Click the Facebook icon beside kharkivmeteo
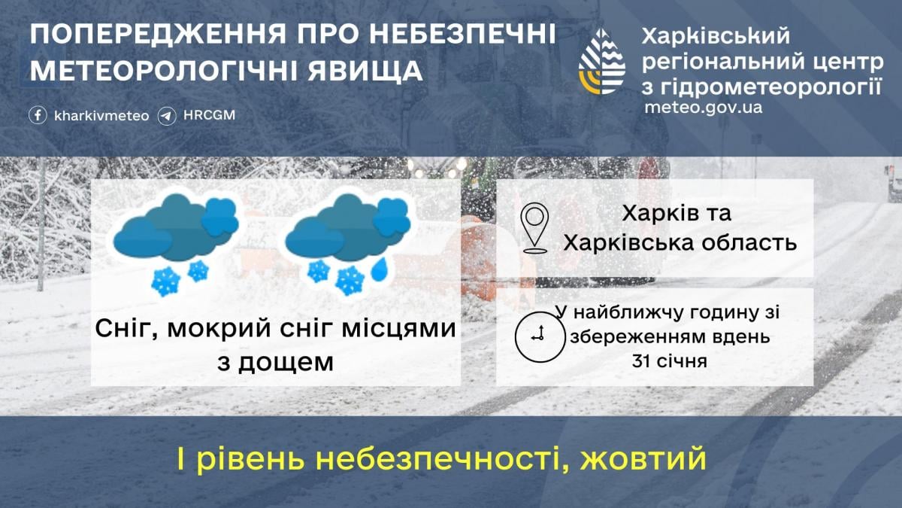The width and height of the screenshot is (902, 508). (x=38, y=116)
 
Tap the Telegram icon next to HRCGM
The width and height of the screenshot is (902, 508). (x=167, y=116)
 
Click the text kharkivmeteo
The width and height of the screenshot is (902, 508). (x=101, y=116)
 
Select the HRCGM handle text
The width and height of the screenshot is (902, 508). (x=209, y=116)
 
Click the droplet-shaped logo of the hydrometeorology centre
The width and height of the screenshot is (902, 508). (x=601, y=62)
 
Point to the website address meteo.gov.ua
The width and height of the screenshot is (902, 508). (x=703, y=107)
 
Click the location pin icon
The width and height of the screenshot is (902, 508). (x=534, y=227)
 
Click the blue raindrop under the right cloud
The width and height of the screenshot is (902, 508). (x=380, y=267)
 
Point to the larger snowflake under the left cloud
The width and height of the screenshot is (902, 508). (x=166, y=281)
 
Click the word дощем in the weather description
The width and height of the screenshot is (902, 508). (x=286, y=362)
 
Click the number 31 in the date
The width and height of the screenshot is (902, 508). (x=643, y=360)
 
